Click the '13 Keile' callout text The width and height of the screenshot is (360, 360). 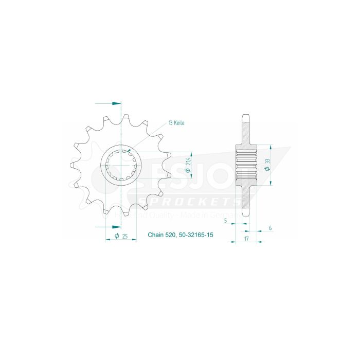pyautogui.click(x=175, y=123)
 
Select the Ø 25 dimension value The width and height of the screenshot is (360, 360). pyautogui.click(x=122, y=236)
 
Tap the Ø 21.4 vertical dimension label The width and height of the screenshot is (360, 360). pyautogui.click(x=191, y=165)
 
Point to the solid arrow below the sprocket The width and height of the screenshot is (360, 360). pyautogui.click(x=108, y=226)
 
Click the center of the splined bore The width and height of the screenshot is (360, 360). pyautogui.click(x=121, y=165)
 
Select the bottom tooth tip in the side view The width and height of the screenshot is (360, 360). pyautogui.click(x=246, y=214)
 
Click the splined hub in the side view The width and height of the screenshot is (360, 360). pyautogui.click(x=246, y=165)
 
